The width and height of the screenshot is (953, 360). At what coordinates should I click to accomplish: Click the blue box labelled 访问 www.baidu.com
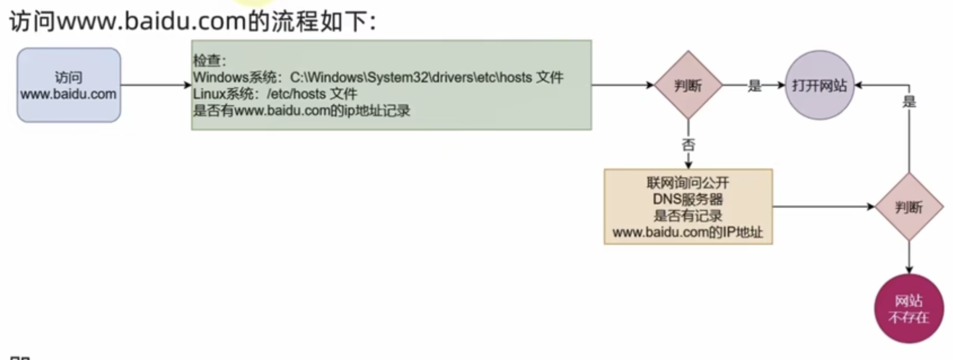(69, 85)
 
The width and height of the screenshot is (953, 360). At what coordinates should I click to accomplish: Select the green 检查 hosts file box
(391, 85)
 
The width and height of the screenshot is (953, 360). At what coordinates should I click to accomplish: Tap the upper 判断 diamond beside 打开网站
(688, 86)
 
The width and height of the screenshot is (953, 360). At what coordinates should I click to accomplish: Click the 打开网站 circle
(819, 86)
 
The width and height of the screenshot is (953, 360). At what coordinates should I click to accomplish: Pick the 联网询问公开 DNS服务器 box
(688, 207)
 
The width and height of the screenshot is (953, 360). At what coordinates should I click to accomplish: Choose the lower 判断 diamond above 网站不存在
(908, 207)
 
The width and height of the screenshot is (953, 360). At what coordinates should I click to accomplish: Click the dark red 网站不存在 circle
(908, 309)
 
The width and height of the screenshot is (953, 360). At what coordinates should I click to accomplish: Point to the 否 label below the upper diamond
(688, 145)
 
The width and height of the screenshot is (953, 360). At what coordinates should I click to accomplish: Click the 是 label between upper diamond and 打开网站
(754, 86)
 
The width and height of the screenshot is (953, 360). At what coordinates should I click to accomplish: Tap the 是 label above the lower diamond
(909, 102)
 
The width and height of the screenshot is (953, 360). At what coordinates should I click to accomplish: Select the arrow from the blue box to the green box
(155, 85)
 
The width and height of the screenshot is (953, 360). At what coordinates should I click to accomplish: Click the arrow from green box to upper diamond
(622, 85)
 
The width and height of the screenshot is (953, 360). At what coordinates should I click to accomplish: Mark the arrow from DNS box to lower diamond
(823, 207)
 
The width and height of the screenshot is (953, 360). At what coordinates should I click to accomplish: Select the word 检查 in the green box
(207, 61)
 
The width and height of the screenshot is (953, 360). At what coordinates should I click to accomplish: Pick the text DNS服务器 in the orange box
(688, 199)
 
